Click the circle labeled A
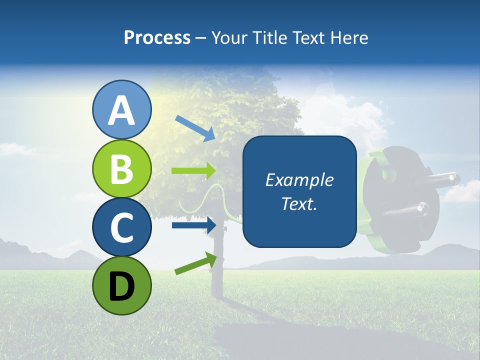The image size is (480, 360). [121, 110]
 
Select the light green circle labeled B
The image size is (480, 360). [121, 169]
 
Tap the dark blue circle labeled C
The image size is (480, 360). [121, 227]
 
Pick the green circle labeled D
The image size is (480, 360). [121, 285]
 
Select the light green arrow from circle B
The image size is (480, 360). [193, 171]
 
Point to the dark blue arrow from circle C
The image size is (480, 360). [193, 225]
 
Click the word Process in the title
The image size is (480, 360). [157, 38]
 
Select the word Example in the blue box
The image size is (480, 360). [299, 180]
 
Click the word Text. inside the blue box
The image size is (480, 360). [299, 203]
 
